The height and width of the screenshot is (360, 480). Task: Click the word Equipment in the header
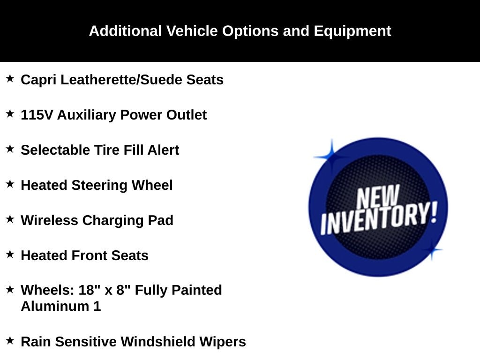(x=352, y=31)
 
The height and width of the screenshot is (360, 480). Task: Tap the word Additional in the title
(x=125, y=31)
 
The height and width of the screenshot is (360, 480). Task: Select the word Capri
(x=38, y=80)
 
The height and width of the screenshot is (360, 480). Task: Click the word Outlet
(x=187, y=115)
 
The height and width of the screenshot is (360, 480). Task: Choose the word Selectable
(x=55, y=150)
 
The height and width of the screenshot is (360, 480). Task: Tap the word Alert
(x=163, y=150)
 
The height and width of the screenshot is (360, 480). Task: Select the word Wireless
(x=49, y=220)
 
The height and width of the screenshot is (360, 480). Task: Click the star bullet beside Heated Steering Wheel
(x=10, y=184)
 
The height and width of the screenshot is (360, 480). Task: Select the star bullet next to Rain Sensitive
(x=10, y=340)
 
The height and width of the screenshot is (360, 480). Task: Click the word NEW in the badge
(x=378, y=197)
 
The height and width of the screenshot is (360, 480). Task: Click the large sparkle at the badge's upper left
(x=331, y=157)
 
